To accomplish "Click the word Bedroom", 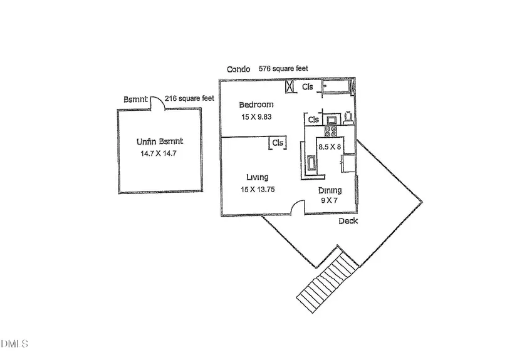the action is point(256,105).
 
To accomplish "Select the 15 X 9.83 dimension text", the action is point(256,117).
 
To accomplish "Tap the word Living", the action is point(257,177).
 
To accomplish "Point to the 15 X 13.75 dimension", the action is point(258,189).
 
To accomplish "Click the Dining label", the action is point(330,190).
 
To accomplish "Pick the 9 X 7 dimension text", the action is point(329,200).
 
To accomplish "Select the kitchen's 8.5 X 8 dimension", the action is point(330,147).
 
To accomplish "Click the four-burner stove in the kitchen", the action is point(331,131).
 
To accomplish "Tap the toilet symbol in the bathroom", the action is point(348,118).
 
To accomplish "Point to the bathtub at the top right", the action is point(336,87).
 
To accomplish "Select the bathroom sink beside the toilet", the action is point(331,120).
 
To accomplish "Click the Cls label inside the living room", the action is point(278,143).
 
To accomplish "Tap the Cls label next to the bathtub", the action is point(307,86).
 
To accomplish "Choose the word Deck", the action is point(348,221).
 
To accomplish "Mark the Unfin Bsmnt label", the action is point(160,141).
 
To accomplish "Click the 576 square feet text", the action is point(283,68).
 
